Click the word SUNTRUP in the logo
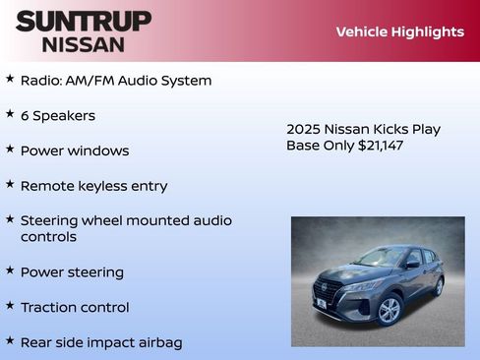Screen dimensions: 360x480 (x=84, y=21)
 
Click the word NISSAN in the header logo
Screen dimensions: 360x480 (x=84, y=44)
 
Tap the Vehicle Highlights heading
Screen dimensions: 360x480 (x=399, y=31)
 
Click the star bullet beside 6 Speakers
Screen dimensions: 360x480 (x=10, y=114)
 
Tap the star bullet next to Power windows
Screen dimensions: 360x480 (x=10, y=150)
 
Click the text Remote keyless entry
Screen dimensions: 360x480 (x=93, y=186)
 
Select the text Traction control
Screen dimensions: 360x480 (x=75, y=308)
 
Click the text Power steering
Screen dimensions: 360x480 (x=72, y=272)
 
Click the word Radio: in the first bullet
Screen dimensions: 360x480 (x=42, y=81)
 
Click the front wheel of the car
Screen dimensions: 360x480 (x=390, y=310)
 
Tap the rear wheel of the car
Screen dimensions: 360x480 (x=438, y=286)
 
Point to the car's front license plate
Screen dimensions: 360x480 (x=321, y=304)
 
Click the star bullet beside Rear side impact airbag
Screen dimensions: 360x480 (x=10, y=340)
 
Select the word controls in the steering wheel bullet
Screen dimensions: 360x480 (x=48, y=237)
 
